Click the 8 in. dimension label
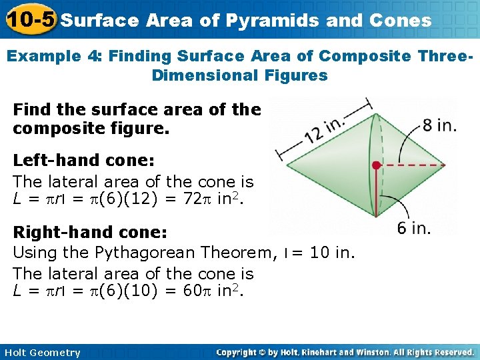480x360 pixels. (439, 125)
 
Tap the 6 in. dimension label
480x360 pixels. (413, 228)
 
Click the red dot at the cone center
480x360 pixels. (377, 164)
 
